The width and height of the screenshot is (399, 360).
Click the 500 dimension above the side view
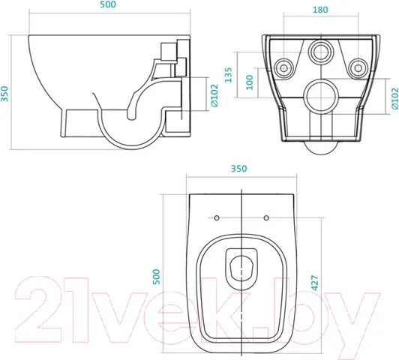(x=108, y=4)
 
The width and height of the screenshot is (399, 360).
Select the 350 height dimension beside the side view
(x=4, y=94)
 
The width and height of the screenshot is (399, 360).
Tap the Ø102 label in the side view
(x=214, y=95)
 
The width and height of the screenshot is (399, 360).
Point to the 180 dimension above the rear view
(x=320, y=10)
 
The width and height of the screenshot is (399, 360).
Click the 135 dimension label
(x=229, y=75)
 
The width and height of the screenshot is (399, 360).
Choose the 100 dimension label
(x=250, y=82)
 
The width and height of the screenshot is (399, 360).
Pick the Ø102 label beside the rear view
(x=394, y=99)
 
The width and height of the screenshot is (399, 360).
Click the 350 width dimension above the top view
(x=238, y=169)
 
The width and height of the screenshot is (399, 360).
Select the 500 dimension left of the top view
(x=156, y=277)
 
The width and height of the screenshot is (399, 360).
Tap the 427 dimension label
(x=315, y=283)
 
